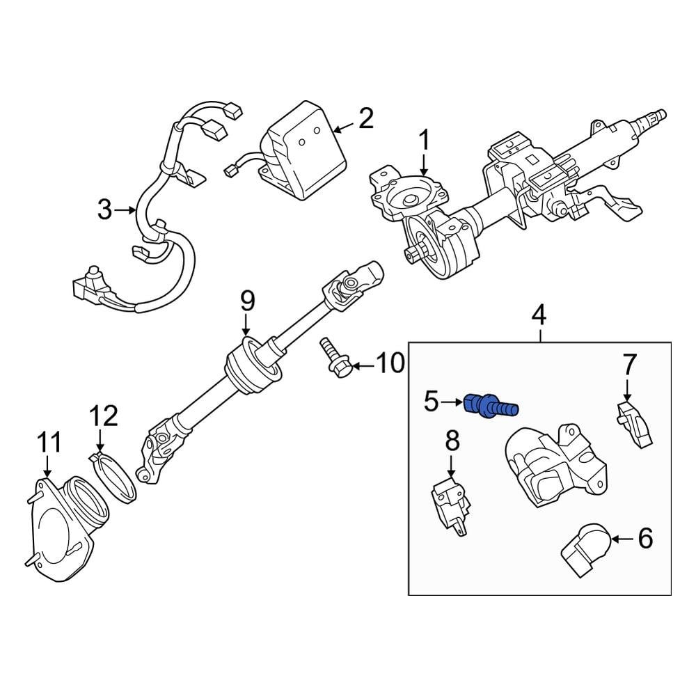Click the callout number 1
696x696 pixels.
click(x=424, y=143)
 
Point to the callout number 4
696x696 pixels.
click(x=539, y=315)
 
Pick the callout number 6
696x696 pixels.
click(x=645, y=538)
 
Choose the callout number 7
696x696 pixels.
click(x=628, y=364)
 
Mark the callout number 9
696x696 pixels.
click(x=248, y=301)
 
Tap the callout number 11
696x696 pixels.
click(x=49, y=443)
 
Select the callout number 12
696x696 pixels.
click(x=103, y=417)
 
